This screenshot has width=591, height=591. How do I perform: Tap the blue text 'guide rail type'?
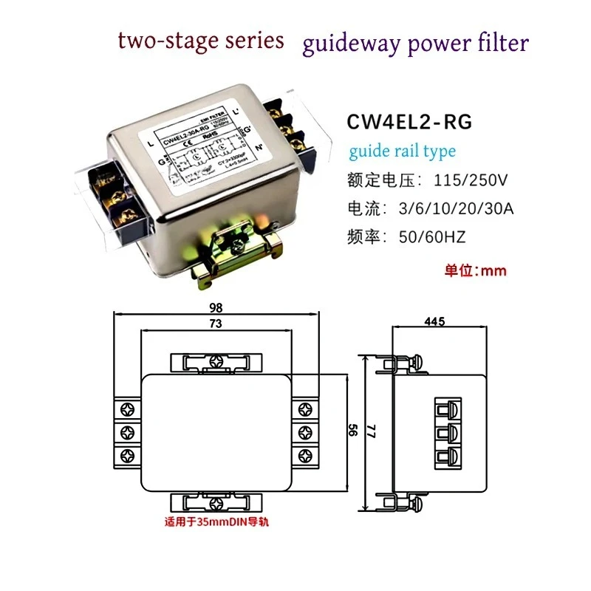coord(402,151)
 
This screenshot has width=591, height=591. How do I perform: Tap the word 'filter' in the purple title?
coord(502,42)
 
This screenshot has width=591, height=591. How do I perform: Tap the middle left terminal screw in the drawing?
coord(126,431)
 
